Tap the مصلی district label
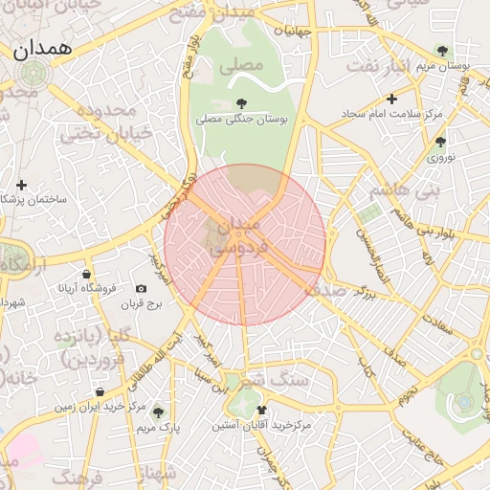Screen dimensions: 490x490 pyautogui.click(x=240, y=68)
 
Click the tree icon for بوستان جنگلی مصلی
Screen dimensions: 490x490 pyautogui.click(x=241, y=102)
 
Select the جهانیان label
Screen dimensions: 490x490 pyautogui.click(x=293, y=31)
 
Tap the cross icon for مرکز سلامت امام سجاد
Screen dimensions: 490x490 pyautogui.click(x=391, y=99)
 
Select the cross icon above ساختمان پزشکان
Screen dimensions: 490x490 pyautogui.click(x=22, y=184)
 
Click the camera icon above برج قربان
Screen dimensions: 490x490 pyautogui.click(x=142, y=288)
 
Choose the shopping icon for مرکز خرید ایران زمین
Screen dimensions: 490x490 pyautogui.click(x=100, y=391)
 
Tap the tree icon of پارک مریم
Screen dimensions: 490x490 pyautogui.click(x=158, y=412)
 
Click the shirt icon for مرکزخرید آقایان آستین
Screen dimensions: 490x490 pyautogui.click(x=260, y=409)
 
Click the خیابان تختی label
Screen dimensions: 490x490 pyautogui.click(x=106, y=134)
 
